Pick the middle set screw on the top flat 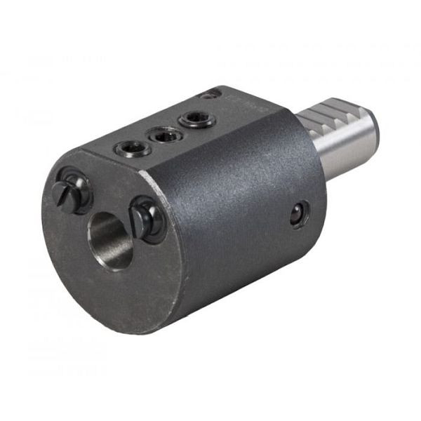tap(166, 134)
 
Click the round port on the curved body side tap(300, 214)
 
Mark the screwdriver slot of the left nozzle tap(64, 191)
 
